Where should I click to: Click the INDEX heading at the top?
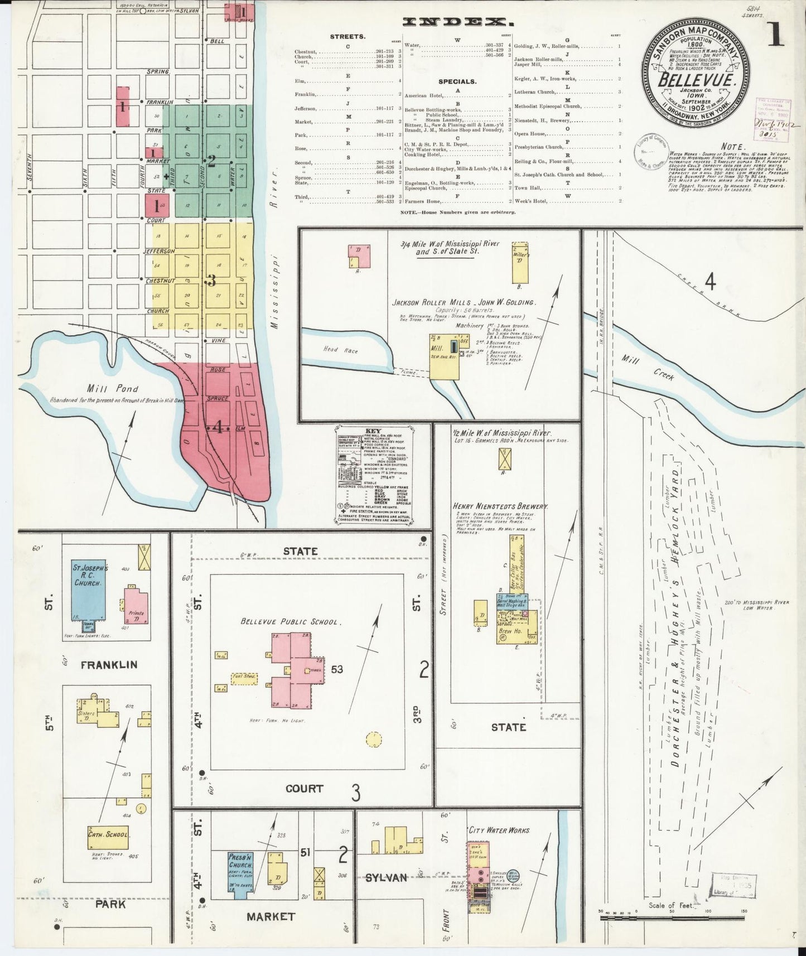coord(457,22)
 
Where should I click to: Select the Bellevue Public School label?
coord(289,621)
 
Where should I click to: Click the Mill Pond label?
coord(104,389)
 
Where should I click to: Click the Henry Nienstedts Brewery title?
coord(500,506)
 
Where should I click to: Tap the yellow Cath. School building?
coord(108,836)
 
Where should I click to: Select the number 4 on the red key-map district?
coord(219,428)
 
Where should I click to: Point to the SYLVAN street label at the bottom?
coord(385,878)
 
